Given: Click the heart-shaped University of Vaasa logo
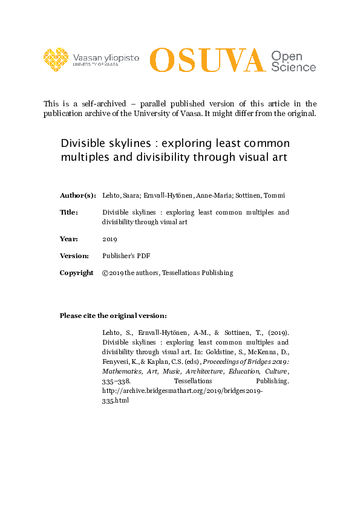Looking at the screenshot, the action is [x=56, y=59].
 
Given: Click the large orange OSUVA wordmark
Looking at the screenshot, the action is [x=208, y=60].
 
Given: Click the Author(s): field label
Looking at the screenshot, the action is [x=77, y=195].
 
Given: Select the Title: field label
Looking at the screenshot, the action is [x=69, y=212].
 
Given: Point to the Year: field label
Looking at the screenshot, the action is [x=68, y=239].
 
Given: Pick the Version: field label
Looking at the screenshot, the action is [x=74, y=256].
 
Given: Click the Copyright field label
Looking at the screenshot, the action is [x=76, y=273].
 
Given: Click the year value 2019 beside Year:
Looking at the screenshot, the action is [x=110, y=239].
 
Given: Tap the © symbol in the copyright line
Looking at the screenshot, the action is [x=105, y=273].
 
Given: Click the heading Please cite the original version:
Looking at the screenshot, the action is [x=113, y=316].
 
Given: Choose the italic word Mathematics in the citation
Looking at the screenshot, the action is [x=124, y=372].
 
